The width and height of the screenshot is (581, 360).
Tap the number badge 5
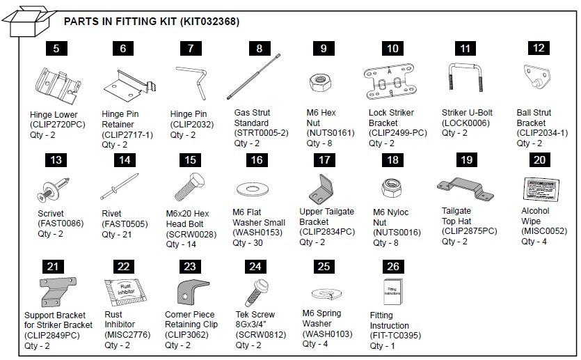[x=56, y=48]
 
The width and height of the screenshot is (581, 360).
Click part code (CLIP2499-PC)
[x=397, y=132]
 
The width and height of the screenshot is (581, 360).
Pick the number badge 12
[x=539, y=48]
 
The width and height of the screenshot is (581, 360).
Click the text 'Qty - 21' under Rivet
[x=119, y=235]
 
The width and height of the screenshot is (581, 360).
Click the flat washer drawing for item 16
[x=253, y=189]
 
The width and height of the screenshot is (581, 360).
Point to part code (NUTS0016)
[x=397, y=233]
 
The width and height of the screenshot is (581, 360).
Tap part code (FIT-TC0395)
[x=395, y=336]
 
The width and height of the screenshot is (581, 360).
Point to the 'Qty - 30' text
[x=249, y=243]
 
